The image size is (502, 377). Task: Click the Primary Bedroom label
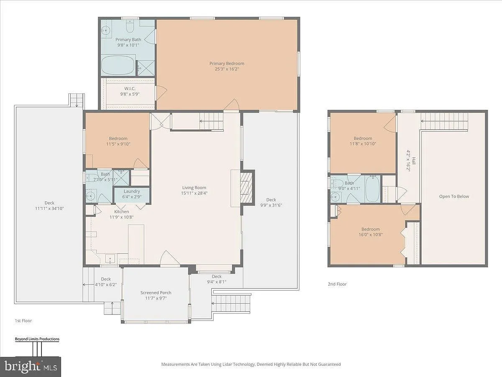tap(227, 63)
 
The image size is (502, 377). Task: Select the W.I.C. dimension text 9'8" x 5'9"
tap(130, 94)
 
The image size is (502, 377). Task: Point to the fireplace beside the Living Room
tap(246, 187)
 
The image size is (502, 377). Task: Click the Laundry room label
tap(132, 191)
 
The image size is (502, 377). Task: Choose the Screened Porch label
tap(156, 292)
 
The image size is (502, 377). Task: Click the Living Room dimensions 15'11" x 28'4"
tap(194, 193)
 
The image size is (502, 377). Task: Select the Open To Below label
tap(454, 196)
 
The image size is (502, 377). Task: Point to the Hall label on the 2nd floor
tap(413, 161)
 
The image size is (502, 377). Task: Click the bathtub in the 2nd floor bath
tap(373, 189)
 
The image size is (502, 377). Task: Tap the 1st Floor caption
tap(23, 321)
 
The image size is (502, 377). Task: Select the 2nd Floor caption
tap(337, 284)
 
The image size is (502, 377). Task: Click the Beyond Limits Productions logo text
tap(37, 339)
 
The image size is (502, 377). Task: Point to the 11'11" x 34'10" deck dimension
tap(49, 209)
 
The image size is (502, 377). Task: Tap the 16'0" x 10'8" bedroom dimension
tap(371, 235)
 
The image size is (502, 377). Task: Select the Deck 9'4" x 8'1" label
tap(217, 279)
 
